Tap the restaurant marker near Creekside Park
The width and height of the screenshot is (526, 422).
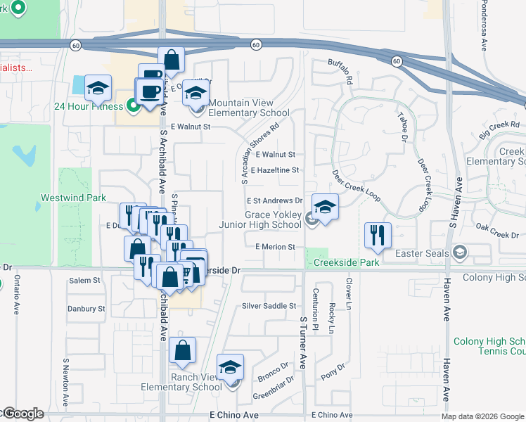pyautogui.click(x=378, y=236)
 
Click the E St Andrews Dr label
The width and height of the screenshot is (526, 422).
pyautogui.click(x=274, y=200)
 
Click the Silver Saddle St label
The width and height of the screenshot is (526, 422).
pyautogui.click(x=270, y=306)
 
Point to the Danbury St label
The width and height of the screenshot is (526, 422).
pyautogui.click(x=86, y=309)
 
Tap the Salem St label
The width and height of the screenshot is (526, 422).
pyautogui.click(x=84, y=280)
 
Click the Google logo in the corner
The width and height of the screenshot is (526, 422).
pyautogui.click(x=23, y=414)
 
